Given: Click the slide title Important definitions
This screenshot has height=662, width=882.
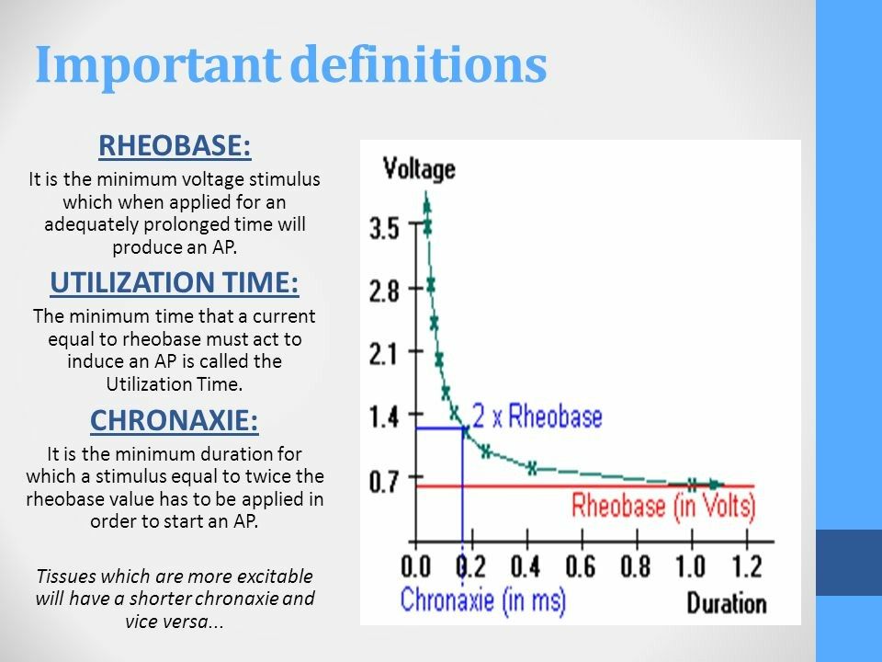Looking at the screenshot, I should click(x=290, y=64).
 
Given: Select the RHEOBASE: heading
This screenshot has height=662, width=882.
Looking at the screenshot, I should click(x=175, y=147).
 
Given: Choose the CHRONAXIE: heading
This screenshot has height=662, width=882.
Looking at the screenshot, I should click(x=175, y=421).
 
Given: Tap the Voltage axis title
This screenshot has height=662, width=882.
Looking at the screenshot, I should click(x=418, y=168).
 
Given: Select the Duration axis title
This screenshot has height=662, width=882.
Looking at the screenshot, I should click(x=726, y=603).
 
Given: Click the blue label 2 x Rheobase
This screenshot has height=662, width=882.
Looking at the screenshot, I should click(x=537, y=417).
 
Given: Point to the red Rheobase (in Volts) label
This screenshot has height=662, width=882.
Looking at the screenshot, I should click(x=663, y=505).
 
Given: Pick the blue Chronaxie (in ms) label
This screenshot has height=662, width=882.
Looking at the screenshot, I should click(x=482, y=601).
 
